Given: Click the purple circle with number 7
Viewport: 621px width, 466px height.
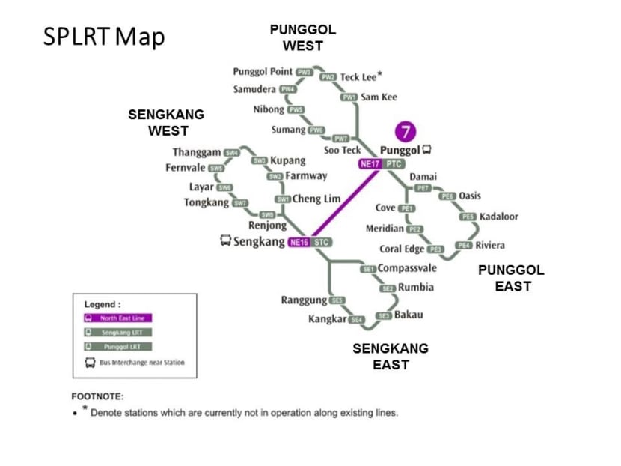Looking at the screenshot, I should tap(406, 132).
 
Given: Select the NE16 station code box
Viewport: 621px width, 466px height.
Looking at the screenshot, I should tap(299, 242).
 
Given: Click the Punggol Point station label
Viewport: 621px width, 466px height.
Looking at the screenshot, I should tap(263, 72).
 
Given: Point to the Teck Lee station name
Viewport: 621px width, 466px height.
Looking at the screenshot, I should tap(358, 76).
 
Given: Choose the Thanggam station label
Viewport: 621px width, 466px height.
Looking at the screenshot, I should tap(197, 153).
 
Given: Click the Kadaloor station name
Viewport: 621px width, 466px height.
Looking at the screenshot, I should tap(499, 217).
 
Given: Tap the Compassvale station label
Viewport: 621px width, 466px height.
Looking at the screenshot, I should tap(407, 268).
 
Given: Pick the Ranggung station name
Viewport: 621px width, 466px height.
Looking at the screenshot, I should tap(304, 300).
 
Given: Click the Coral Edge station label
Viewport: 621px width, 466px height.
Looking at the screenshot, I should tap(402, 249).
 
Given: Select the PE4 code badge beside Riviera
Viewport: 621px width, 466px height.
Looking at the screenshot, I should tap(464, 245).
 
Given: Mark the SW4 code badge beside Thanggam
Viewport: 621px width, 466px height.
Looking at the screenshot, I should tap(232, 153).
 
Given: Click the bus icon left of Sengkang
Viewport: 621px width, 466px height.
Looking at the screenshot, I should tap(224, 241).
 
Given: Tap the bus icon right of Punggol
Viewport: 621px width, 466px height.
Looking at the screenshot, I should tap(426, 149).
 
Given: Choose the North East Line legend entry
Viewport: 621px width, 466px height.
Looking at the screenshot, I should tap(117, 318).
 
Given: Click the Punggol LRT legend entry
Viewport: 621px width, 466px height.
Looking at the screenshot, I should tap(117, 347).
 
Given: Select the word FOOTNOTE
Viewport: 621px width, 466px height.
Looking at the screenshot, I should tap(97, 396).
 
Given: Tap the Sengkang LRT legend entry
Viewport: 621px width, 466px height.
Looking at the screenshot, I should tap(117, 333).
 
